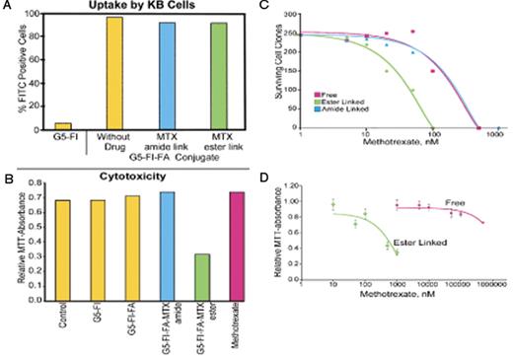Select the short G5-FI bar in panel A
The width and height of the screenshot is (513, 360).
pos(61,125)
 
